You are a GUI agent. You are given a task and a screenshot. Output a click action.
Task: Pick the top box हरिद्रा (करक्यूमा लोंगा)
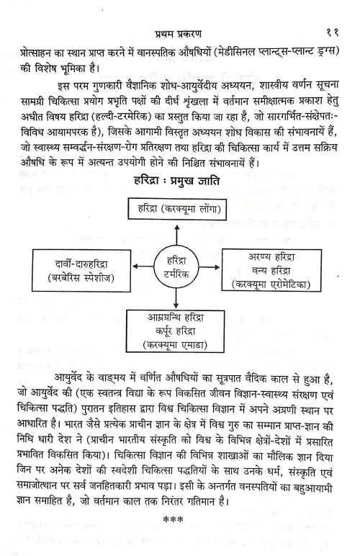(x=180, y=210)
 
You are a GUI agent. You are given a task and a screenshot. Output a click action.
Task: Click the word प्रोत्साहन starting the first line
(x=47, y=53)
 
